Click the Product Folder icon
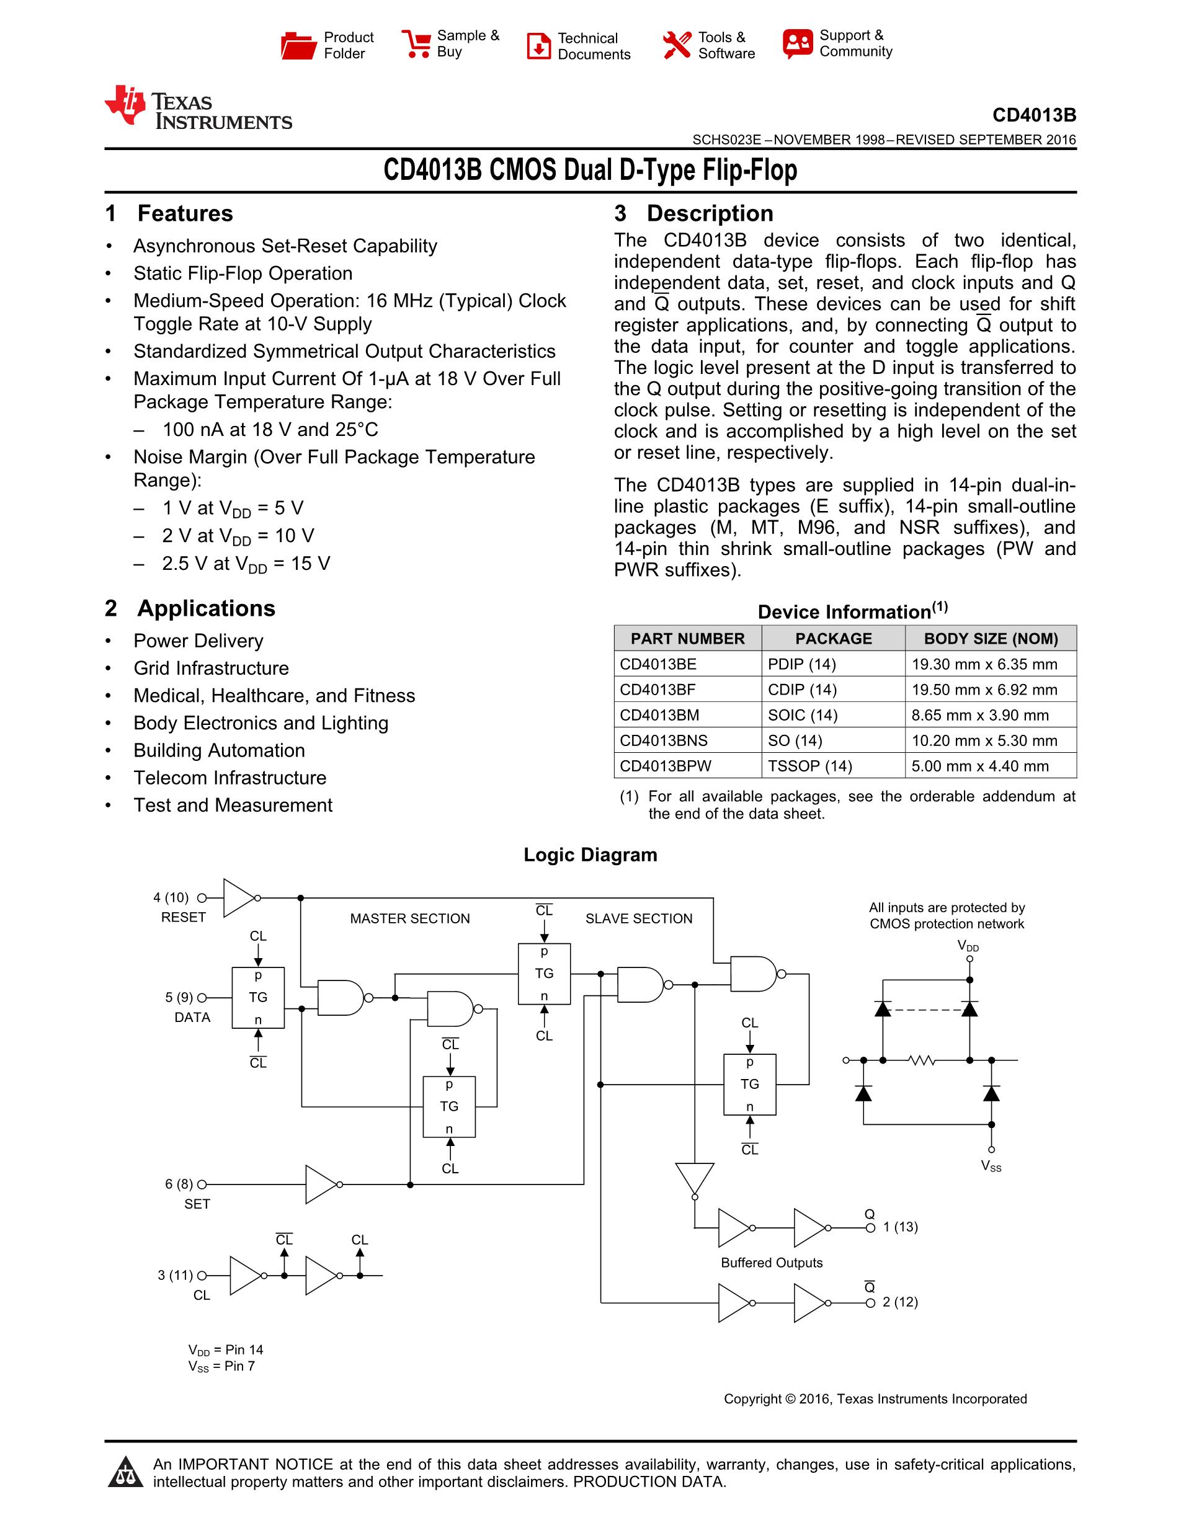click(298, 45)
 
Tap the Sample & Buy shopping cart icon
click(416, 44)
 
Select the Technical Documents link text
click(594, 46)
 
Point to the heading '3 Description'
click(693, 213)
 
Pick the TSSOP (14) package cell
click(809, 766)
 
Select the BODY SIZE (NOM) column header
click(990, 639)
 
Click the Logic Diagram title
click(590, 855)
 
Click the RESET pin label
click(184, 917)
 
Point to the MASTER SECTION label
click(410, 918)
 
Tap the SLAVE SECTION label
click(639, 918)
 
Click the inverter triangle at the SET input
click(321, 1184)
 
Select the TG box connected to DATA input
click(258, 998)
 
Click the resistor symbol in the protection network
click(922, 1060)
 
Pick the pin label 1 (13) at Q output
click(900, 1227)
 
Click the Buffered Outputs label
click(772, 1263)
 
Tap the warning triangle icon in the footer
click(126, 1472)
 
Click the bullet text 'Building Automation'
click(219, 751)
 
